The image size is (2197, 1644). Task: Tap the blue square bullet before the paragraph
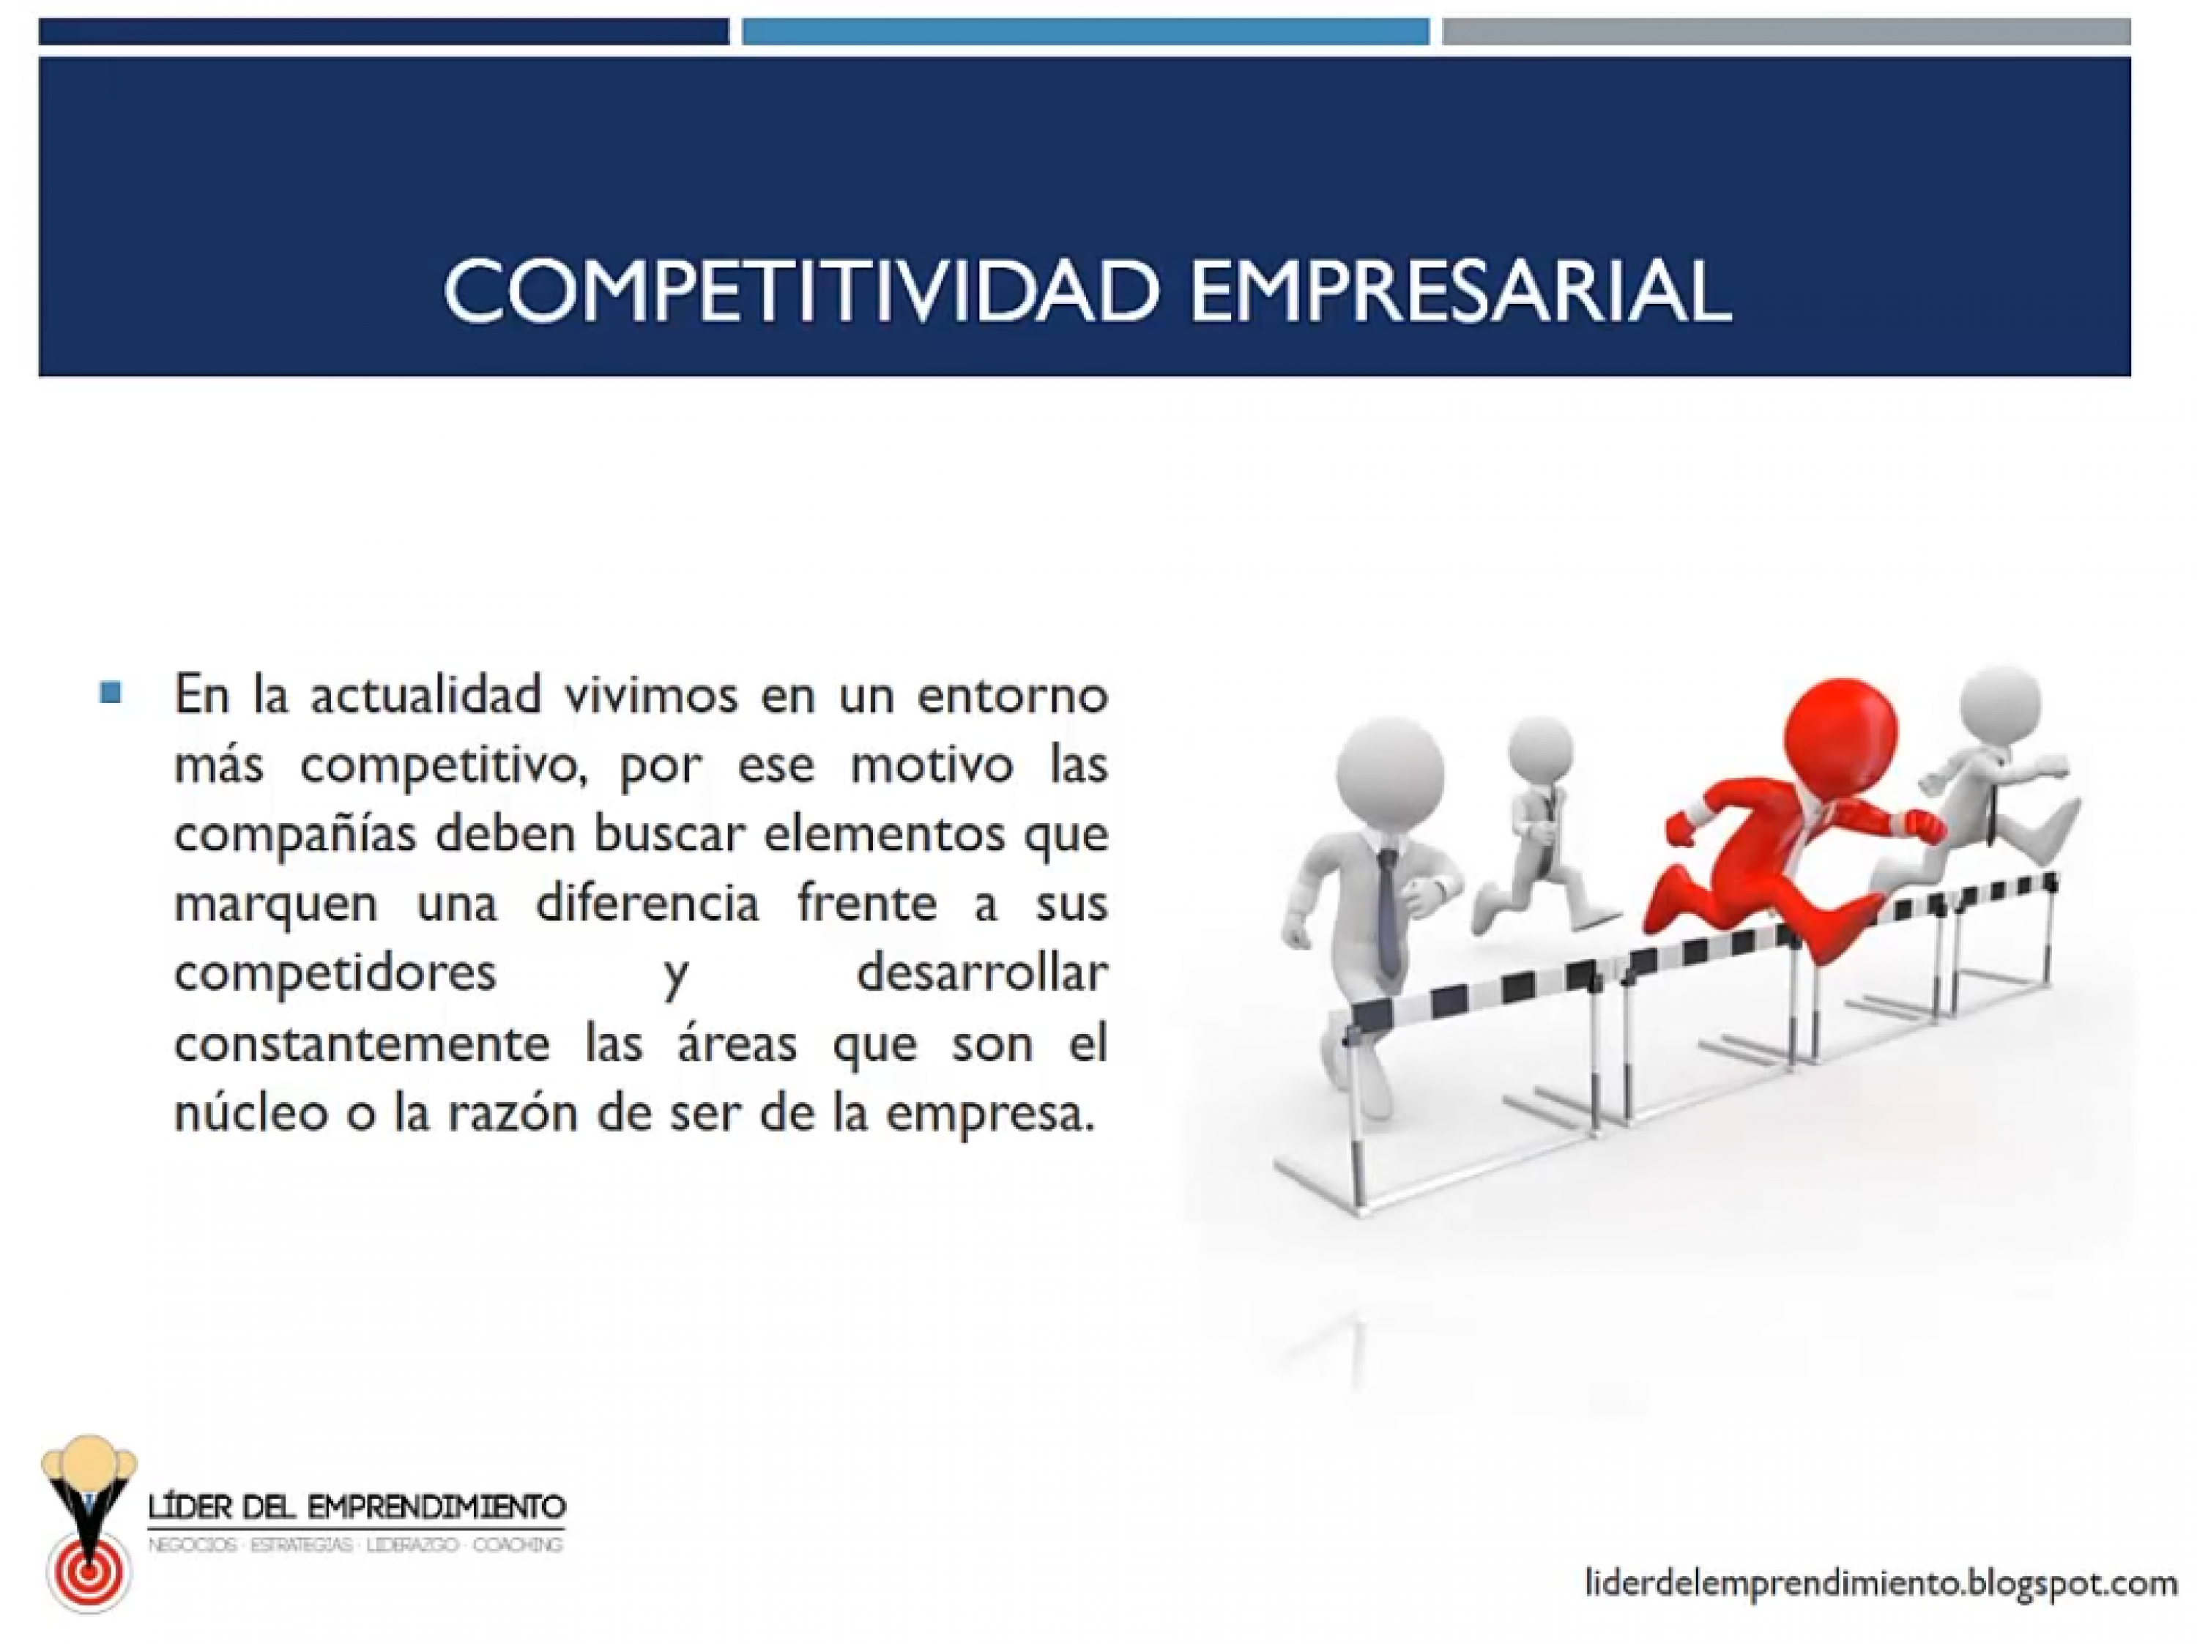111,691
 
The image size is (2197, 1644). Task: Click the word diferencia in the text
647,902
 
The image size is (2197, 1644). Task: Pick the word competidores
335,973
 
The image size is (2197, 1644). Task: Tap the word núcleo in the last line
251,1112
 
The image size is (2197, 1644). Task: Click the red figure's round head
1840,735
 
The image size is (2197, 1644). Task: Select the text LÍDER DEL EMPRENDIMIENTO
357,1507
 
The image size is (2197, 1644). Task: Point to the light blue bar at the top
1085,31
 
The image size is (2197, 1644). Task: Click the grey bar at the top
1787,31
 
